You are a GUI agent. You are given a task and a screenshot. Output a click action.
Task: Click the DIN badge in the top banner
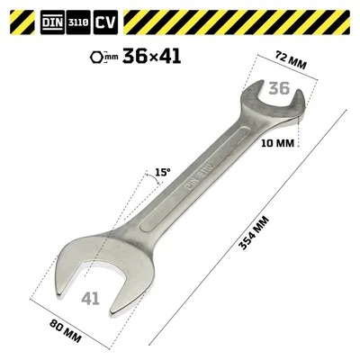(x=52, y=22)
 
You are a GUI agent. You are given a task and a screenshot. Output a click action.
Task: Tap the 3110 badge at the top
(x=78, y=22)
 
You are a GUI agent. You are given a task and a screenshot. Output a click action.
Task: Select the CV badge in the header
(x=105, y=22)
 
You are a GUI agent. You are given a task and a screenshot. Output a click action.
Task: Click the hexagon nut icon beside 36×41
(x=96, y=57)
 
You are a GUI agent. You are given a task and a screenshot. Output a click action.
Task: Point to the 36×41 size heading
(x=151, y=56)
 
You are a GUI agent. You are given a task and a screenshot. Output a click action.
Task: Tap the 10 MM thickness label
(x=277, y=143)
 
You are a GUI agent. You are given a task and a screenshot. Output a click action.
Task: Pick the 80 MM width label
(x=65, y=331)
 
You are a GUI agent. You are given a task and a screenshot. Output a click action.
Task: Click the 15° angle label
(x=163, y=172)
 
